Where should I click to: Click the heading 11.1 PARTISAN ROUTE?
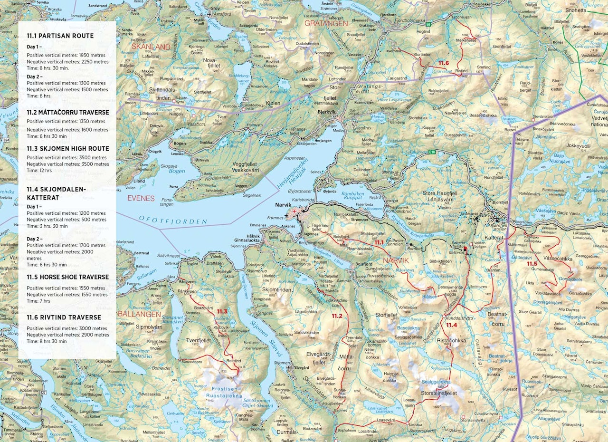(60, 36)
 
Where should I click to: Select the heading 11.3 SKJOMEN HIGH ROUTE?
(67, 149)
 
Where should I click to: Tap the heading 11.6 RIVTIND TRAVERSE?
(64, 317)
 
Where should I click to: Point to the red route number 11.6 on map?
(443, 63)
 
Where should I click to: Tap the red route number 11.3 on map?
(222, 312)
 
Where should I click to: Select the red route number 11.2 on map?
(336, 316)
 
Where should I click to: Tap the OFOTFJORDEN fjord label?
(173, 220)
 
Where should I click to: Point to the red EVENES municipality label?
(141, 198)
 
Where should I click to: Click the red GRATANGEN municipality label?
(326, 23)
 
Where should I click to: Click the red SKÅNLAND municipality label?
(151, 47)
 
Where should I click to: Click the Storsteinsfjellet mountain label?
(438, 394)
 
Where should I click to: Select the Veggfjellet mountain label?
(245, 164)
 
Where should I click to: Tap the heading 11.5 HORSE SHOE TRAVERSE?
(67, 277)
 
